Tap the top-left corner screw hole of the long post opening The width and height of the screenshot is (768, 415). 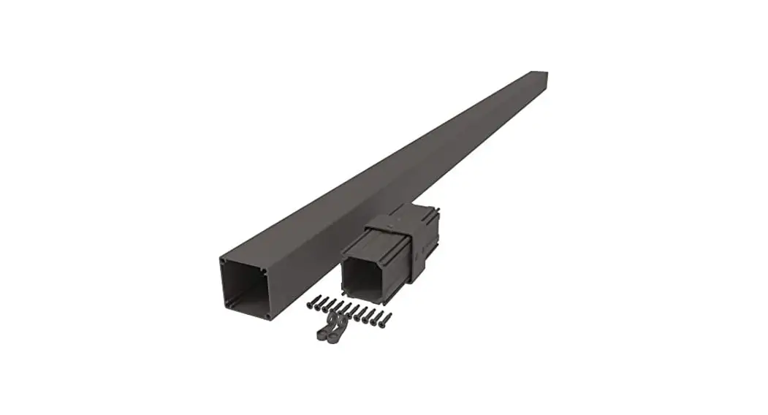[222, 259]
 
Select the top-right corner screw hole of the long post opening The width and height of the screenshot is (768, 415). [265, 271]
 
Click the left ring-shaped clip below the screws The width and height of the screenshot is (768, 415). [322, 332]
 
